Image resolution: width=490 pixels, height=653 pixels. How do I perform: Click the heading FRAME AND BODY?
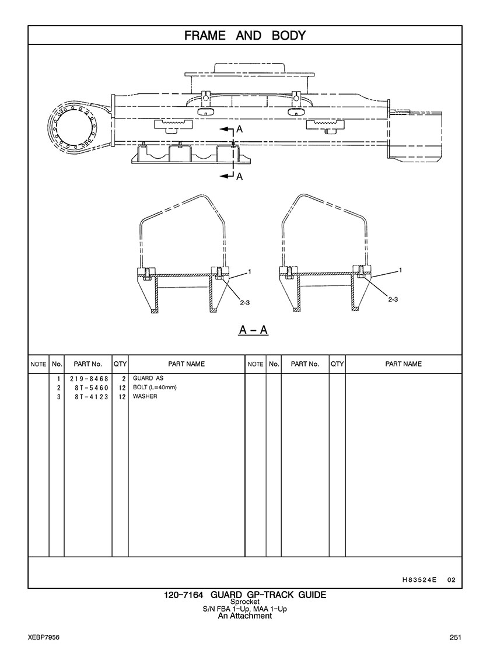[245, 36]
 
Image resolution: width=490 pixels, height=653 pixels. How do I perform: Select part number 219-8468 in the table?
[89, 379]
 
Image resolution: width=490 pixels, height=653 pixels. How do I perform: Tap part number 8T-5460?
[92, 387]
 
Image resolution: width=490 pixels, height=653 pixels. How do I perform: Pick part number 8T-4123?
[92, 397]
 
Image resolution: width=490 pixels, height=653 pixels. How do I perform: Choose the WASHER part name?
[145, 396]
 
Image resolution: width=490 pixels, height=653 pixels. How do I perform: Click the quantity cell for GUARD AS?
[124, 379]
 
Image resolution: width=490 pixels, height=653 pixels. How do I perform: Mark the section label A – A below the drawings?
[253, 330]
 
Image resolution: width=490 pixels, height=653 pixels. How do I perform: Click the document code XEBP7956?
[44, 637]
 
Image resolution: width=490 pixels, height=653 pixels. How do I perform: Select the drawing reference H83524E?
[419, 579]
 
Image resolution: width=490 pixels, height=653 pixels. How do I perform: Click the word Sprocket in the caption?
[245, 602]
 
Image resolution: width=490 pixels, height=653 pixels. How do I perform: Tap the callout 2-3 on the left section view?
[244, 303]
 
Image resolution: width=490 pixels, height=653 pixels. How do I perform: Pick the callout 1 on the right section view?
[401, 271]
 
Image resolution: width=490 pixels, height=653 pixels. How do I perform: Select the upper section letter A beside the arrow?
[239, 130]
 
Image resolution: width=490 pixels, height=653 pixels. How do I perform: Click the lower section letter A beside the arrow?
[239, 177]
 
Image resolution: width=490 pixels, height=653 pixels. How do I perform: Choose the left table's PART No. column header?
[88, 364]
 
